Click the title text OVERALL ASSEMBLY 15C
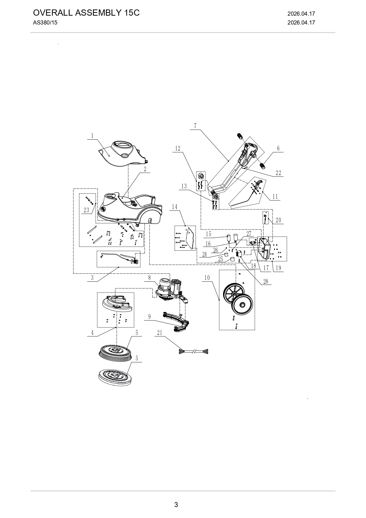86,13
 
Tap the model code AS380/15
45,22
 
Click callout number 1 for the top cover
92,136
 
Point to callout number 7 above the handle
195,126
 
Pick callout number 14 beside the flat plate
175,207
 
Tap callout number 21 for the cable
160,333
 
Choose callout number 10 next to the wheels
207,278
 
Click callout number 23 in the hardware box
86,210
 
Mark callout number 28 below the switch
266,281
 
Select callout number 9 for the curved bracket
150,317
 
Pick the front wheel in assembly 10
241,305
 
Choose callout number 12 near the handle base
178,148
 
